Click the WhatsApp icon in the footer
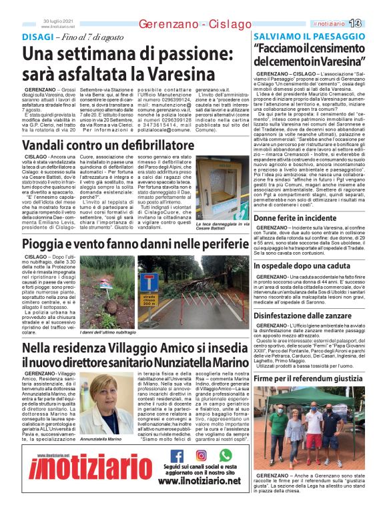(x=226, y=456)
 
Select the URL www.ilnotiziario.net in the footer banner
(x=199, y=480)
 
